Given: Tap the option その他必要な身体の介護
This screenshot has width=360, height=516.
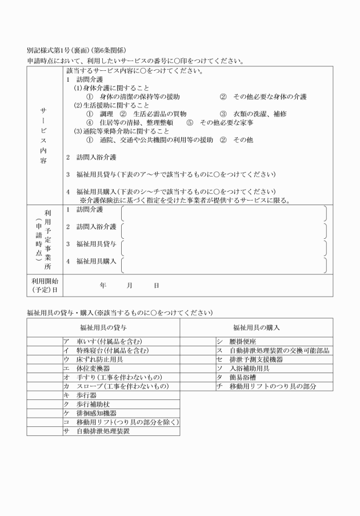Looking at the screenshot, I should pos(269,97).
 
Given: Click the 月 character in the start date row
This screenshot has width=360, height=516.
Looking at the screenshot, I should pos(130,285).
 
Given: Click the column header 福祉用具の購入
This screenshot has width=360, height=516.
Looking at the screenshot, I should pos(256,328).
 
